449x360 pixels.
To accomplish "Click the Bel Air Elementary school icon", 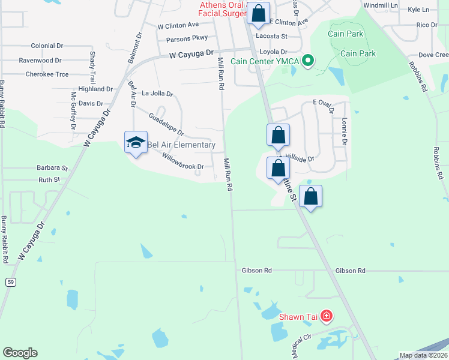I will tap(136, 142).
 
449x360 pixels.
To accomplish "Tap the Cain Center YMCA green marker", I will tap(309, 61).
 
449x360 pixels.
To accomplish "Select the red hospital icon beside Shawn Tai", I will tap(326, 316).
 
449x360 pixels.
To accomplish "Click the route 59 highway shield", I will tap(11, 281).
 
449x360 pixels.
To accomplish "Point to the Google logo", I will tap(20, 352).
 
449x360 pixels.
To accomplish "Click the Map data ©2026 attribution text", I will tap(423, 355).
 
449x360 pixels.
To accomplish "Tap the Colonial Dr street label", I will tap(47, 46).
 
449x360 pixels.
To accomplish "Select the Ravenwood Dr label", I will tap(40, 61).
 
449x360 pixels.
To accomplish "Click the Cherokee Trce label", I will tap(47, 74).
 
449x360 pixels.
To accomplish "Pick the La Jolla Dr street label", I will tap(157, 94).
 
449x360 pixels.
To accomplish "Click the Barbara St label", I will tap(52, 168).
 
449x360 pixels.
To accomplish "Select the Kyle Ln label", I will tap(418, 10).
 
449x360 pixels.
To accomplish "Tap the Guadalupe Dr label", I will tap(166, 124).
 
